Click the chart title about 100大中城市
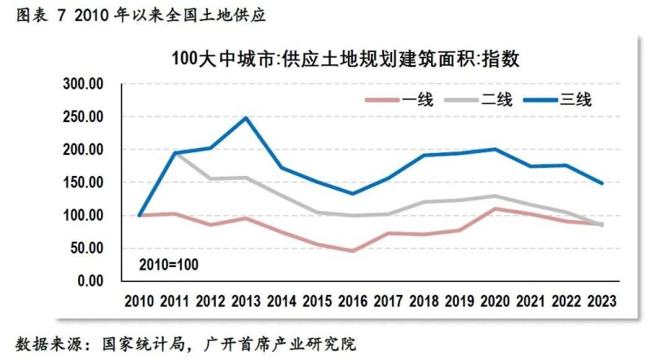tap(346, 59)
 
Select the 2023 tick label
tap(601, 301)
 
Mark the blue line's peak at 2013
tap(246, 118)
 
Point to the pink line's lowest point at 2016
tap(352, 251)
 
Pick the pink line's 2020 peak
tap(495, 209)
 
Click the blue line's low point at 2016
tap(352, 194)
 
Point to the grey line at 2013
tap(246, 178)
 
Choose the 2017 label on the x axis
tap(388, 301)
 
